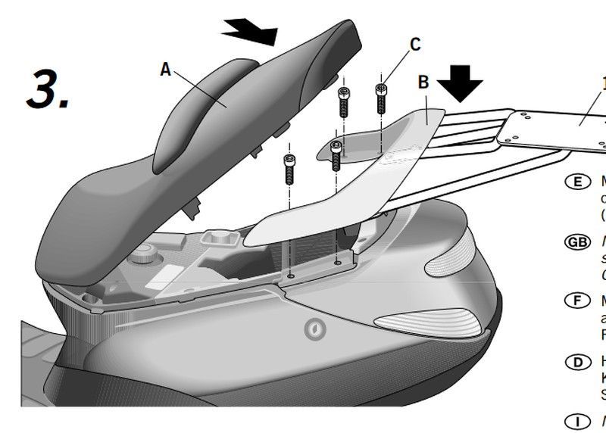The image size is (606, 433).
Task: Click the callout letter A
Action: coord(166,69)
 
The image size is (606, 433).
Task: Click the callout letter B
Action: coord(424,81)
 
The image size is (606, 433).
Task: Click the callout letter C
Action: coord(414,44)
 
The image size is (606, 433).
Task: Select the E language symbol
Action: coord(579,182)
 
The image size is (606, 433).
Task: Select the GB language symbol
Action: coord(578,241)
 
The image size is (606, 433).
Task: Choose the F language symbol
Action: coord(579,301)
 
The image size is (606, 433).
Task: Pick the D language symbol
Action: coord(579,361)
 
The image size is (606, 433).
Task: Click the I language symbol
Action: coord(579,420)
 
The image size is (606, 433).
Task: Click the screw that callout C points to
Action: coord(382,99)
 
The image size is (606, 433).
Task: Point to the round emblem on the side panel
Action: coord(311,329)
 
